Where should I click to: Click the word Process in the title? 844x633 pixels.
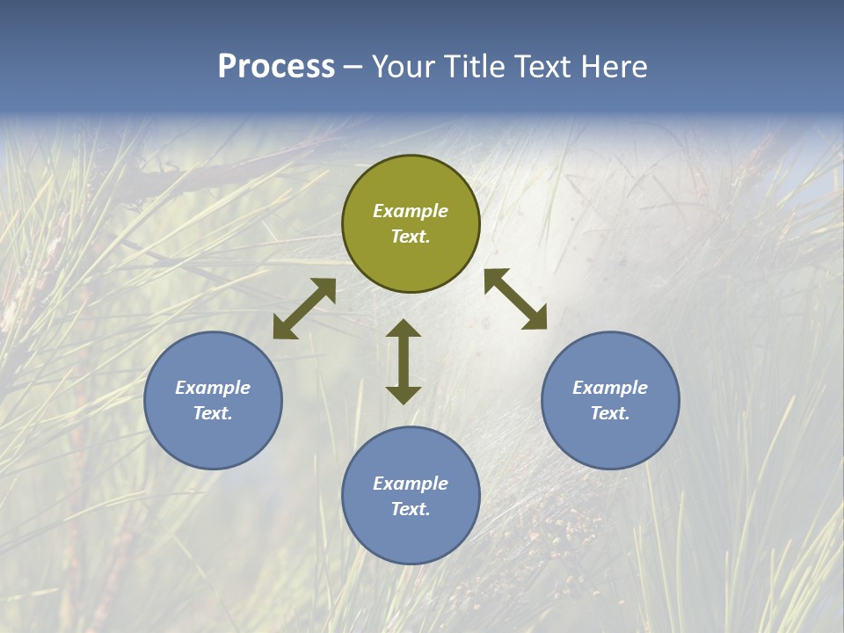point(276,67)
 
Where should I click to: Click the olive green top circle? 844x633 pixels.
point(411,264)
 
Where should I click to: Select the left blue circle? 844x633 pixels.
point(213,440)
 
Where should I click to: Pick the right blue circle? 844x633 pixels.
point(610,440)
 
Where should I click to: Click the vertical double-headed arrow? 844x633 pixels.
point(404,361)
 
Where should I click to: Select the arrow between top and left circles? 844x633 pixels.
point(304,309)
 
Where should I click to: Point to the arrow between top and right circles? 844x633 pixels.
point(515,299)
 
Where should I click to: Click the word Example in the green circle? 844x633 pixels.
point(411,211)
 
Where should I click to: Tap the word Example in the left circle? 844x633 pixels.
point(213,388)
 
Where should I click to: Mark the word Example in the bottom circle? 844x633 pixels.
point(411,484)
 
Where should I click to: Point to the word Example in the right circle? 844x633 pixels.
point(610,388)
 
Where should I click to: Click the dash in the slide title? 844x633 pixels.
point(353,68)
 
